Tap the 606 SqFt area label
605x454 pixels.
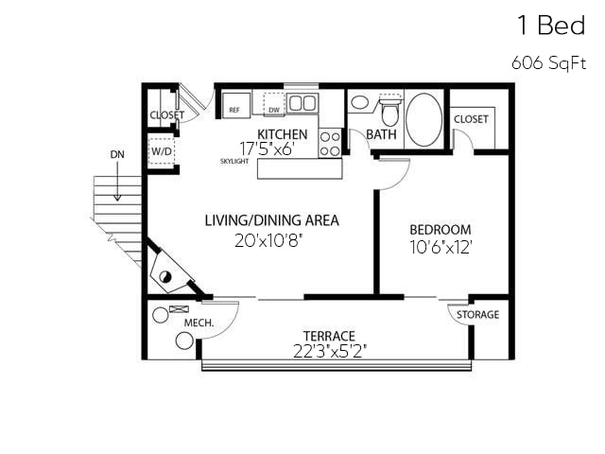pos(548,63)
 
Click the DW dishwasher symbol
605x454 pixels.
pos(274,105)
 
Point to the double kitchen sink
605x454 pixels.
pos(302,103)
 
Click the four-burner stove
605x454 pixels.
pos(330,143)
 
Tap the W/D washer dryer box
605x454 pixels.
pos(162,151)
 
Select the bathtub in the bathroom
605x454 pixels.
pos(423,118)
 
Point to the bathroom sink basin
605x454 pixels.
pos(360,102)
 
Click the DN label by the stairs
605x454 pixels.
pos(116,153)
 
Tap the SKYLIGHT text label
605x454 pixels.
pos(234,162)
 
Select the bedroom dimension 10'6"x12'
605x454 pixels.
pos(440,247)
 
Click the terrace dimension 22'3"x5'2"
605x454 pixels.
pos(329,351)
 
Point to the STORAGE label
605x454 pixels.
pos(478,315)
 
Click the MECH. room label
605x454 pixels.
pos(199,323)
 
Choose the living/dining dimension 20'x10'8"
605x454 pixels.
pos(271,240)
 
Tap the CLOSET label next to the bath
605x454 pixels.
pos(471,119)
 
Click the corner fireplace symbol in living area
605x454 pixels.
pos(169,272)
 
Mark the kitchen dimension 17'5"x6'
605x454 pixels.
pos(273,148)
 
